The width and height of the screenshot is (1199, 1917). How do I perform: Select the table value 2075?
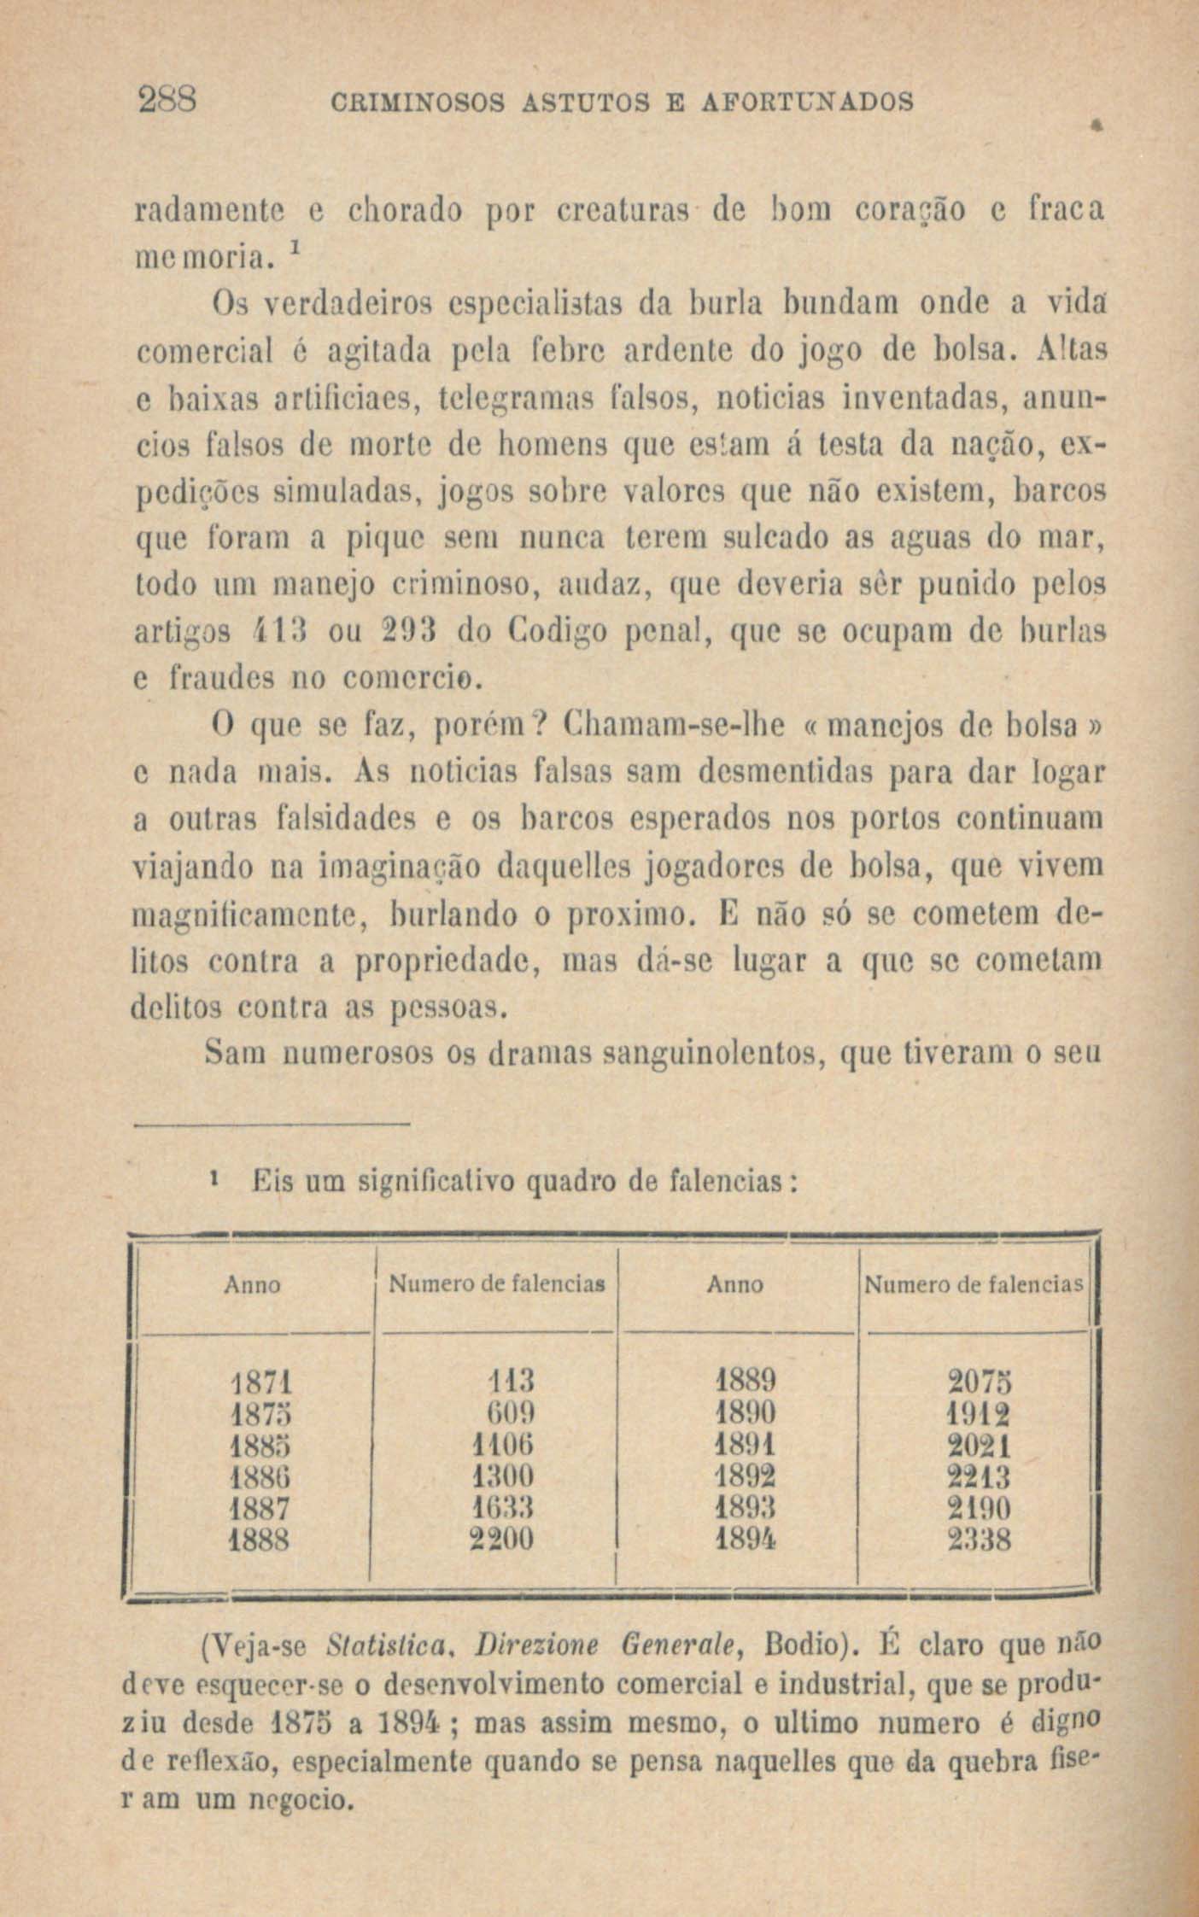980,1382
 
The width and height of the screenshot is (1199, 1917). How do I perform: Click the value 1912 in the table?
980,1414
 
